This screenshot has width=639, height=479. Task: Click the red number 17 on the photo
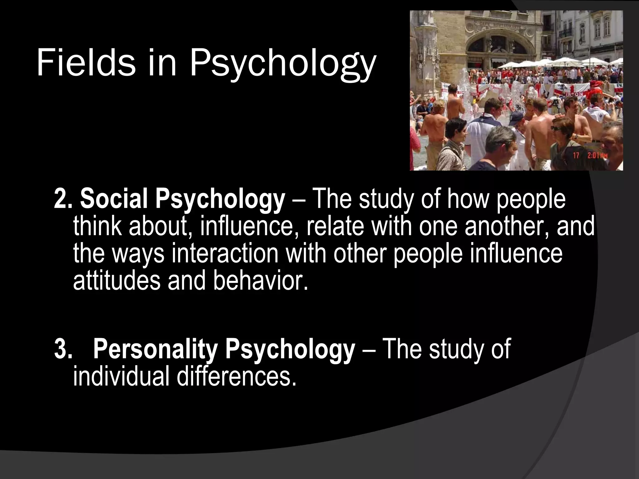coord(576,155)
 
